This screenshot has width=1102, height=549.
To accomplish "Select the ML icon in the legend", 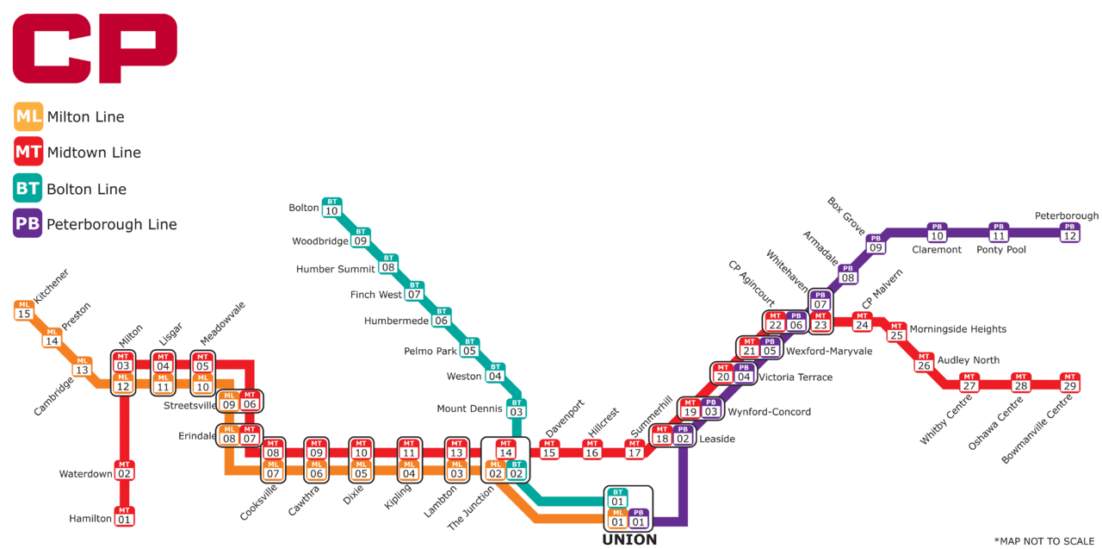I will point(29,116).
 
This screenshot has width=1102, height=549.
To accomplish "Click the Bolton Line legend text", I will point(86,189).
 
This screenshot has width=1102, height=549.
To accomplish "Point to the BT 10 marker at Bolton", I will point(331,207).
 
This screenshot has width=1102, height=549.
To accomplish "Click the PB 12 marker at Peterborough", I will point(1069,232).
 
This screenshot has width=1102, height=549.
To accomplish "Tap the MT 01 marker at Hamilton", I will point(125,515).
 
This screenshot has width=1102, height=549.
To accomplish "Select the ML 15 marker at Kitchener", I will point(24,309).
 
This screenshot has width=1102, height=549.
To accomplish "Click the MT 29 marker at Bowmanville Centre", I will point(1069,382).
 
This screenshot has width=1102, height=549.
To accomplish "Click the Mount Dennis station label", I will point(469,409).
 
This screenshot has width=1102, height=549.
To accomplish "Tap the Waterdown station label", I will point(86,474).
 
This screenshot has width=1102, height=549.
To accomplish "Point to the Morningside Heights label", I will point(957,329).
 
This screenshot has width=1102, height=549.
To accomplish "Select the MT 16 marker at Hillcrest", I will point(591,448).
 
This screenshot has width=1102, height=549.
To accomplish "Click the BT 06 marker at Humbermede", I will point(442,317).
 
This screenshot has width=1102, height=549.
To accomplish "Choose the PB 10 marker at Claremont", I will point(937,232).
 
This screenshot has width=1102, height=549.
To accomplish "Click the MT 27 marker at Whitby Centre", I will point(969,382).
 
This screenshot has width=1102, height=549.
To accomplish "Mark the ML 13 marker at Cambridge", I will point(82,366).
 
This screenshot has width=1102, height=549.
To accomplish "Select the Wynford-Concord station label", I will point(769,412).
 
